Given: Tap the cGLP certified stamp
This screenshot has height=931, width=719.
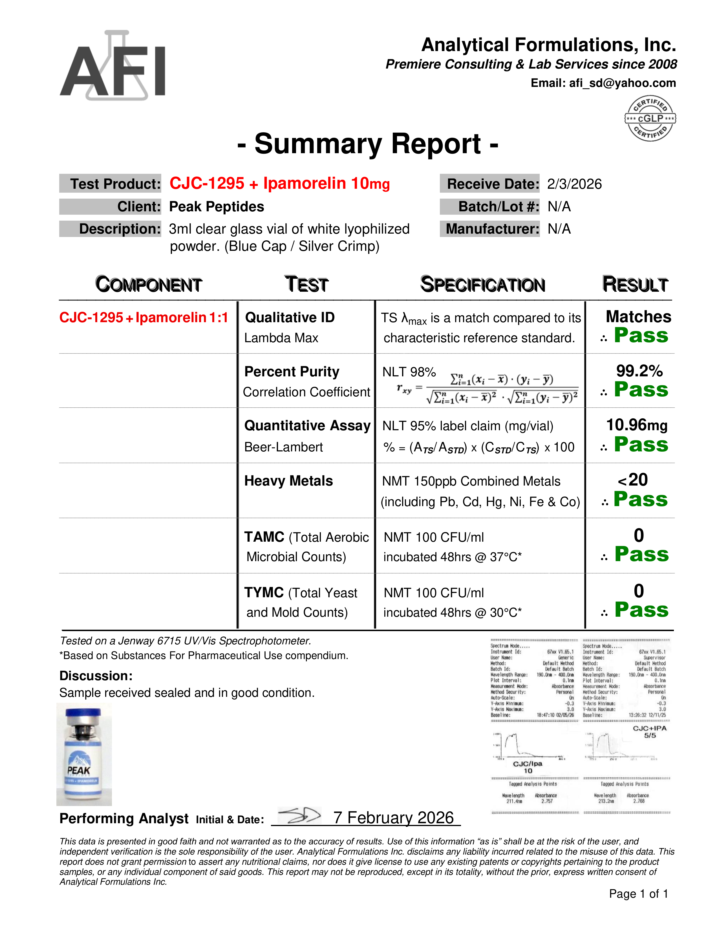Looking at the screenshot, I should coord(650,118).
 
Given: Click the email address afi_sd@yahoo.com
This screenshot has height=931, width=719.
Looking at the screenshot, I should coord(622,83).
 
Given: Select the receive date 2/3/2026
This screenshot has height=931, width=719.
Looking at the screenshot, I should coord(574,184).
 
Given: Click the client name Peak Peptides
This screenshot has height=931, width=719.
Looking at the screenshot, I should coord(216,207).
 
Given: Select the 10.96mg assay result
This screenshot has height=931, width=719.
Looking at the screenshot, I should coord(637,425).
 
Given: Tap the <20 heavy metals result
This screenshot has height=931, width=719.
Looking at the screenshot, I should coord(633,480).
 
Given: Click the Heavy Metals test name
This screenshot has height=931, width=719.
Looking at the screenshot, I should coord(288,481).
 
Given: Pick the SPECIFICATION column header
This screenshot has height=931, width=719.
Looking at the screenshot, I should coord(483,284).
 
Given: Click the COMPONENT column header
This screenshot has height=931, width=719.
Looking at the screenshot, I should coord(148,284).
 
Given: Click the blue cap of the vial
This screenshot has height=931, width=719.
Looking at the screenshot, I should coord(83,713).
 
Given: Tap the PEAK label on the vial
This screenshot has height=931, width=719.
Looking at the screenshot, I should coord(79,770).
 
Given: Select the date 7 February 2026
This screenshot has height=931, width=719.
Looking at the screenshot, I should coord(394,818).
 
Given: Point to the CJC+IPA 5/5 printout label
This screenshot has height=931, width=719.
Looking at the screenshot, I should coord(650,732).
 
